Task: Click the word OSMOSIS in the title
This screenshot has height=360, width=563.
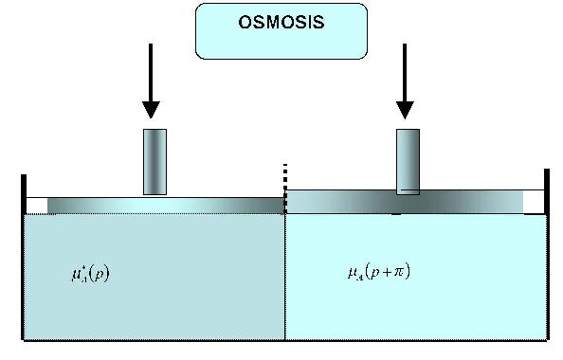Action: point(281,20)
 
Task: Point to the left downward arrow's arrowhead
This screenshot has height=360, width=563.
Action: point(152,110)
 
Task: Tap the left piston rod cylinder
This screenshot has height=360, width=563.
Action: point(154,162)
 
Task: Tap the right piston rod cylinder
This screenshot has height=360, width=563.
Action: point(408,162)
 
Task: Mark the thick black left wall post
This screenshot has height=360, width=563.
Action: point(24,194)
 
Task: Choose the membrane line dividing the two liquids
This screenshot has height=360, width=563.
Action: point(285,275)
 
